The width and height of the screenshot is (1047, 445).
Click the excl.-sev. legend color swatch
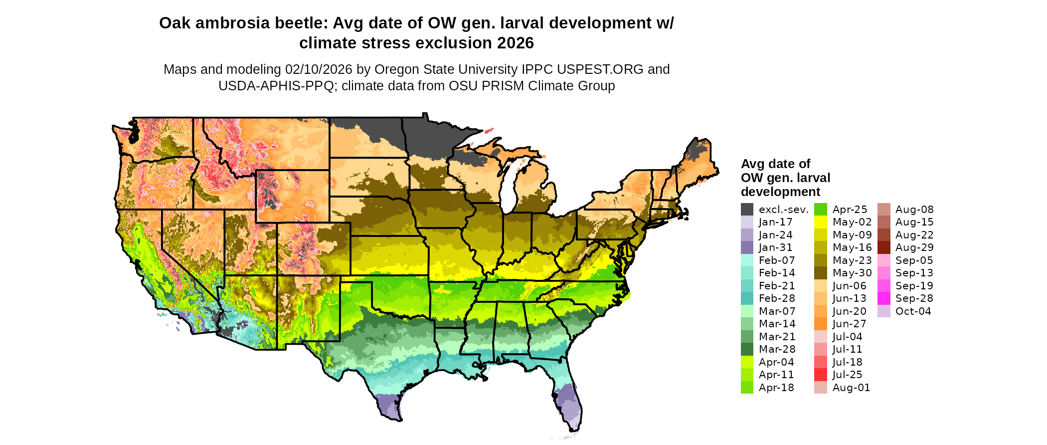click(x=747, y=210)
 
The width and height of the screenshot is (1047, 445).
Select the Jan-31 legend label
click(x=775, y=247)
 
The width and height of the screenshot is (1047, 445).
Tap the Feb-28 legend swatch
click(x=747, y=298)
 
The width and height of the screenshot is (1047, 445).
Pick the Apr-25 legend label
click(x=850, y=210)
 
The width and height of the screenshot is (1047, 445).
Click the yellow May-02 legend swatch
click(x=821, y=222)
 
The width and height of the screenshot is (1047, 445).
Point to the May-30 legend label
click(x=852, y=273)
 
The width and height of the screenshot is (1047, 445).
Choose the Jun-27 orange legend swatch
click(x=821, y=324)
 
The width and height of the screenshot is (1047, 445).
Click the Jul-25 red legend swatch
click(x=821, y=375)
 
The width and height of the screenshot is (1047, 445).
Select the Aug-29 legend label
click(x=914, y=247)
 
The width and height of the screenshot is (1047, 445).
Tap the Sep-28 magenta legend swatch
click(x=884, y=298)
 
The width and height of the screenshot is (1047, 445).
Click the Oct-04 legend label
click(x=913, y=311)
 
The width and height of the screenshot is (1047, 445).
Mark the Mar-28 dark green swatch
click(x=747, y=349)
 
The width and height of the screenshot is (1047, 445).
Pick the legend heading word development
click(x=780, y=192)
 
